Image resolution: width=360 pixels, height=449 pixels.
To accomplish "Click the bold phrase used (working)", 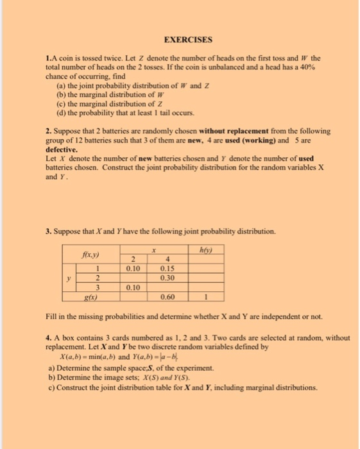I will pyautogui.click(x=253, y=139).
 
